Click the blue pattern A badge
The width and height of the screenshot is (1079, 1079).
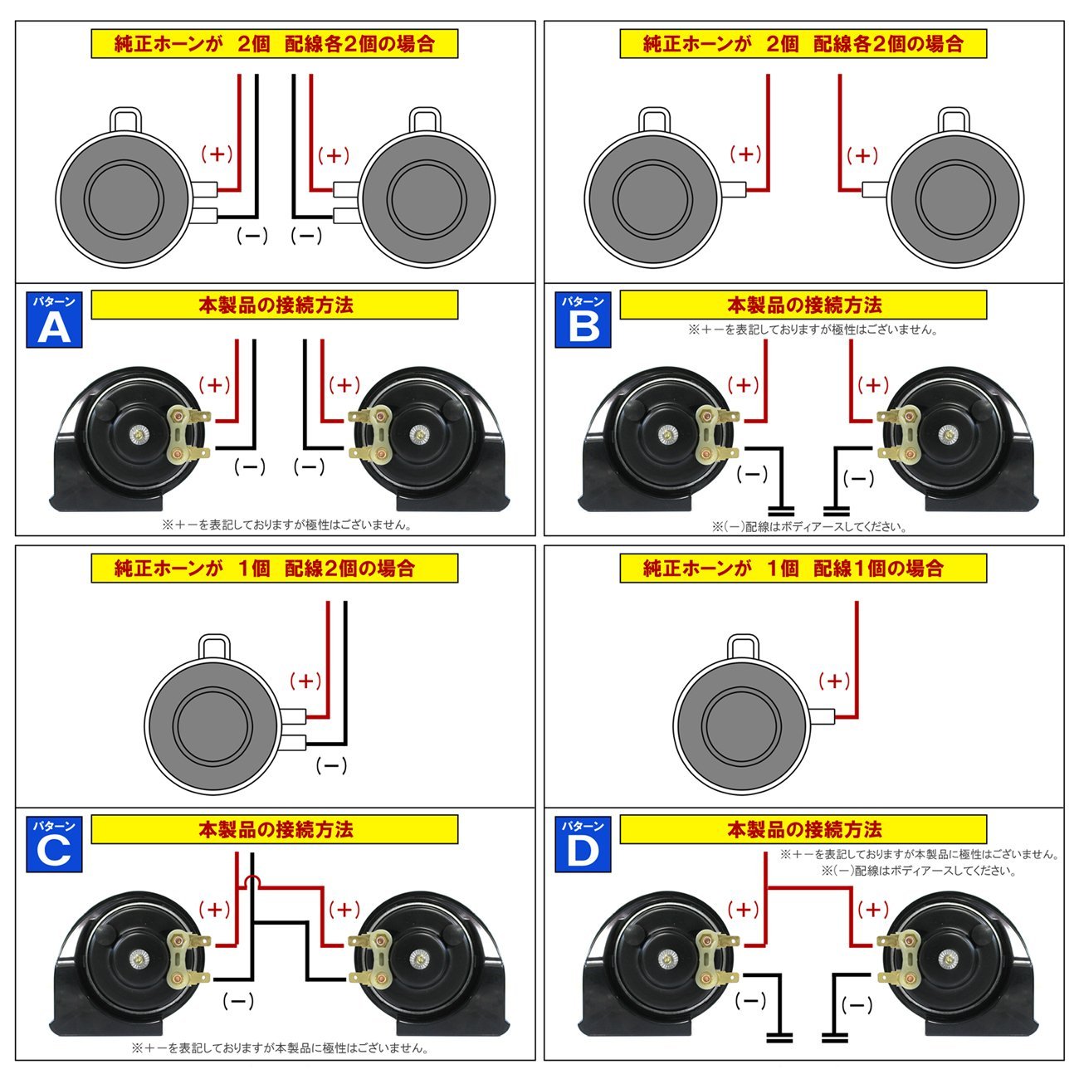pyautogui.click(x=54, y=320)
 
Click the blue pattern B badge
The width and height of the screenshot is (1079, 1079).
pyautogui.click(x=583, y=320)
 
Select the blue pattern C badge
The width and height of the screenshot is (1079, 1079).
pyautogui.click(x=54, y=844)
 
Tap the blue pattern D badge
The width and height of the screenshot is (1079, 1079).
pyautogui.click(x=583, y=844)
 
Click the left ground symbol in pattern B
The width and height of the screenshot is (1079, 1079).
pyautogui.click(x=782, y=510)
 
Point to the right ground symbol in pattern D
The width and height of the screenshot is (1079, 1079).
pyautogui.click(x=836, y=1037)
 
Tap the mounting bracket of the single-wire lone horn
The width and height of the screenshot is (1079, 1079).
pyautogui.click(x=743, y=648)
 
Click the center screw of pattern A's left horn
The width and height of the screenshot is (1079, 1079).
pyautogui.click(x=138, y=435)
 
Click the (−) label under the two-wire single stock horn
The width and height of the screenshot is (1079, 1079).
pyautogui.click(x=331, y=765)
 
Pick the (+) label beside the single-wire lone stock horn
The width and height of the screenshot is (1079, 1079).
pyautogui.click(x=834, y=681)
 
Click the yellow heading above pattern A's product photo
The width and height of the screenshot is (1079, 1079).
pyautogui.click(x=275, y=305)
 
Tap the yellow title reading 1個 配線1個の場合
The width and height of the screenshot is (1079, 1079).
pyautogui.click(x=803, y=569)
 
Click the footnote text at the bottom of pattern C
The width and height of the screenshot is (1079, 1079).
pyautogui.click(x=280, y=1047)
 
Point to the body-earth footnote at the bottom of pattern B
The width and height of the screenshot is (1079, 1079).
pyautogui.click(x=809, y=526)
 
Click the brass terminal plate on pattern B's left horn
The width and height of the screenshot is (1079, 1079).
pyautogui.click(x=708, y=434)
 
